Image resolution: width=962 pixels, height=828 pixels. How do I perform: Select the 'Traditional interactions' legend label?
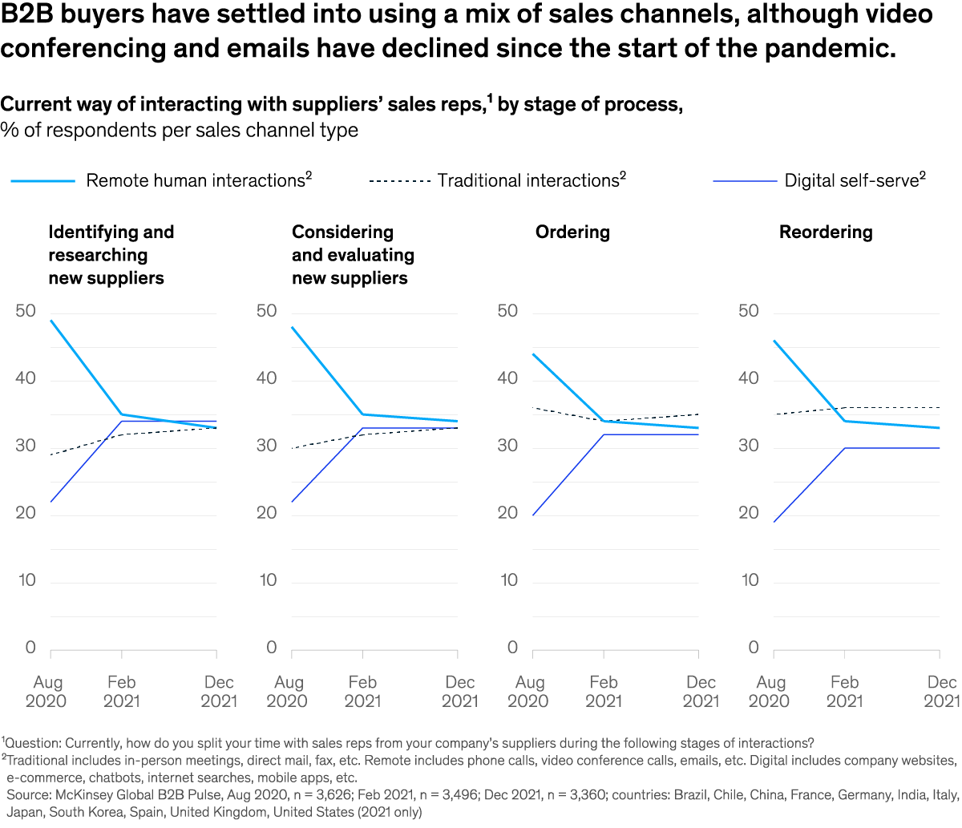pyautogui.click(x=528, y=180)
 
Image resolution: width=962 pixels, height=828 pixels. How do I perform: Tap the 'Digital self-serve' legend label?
pyautogui.click(x=851, y=180)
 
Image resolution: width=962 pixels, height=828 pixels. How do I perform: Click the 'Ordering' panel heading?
pyautogui.click(x=572, y=232)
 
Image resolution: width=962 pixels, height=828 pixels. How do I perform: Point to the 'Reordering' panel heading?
pyautogui.click(x=826, y=232)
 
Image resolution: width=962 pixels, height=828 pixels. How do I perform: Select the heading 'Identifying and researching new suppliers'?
pyautogui.click(x=111, y=255)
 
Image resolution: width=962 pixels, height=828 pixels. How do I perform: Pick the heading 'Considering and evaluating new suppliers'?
pyautogui.click(x=353, y=255)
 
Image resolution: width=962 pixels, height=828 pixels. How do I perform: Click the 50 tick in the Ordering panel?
pyautogui.click(x=507, y=311)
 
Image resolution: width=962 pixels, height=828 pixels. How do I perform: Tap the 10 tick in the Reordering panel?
pyautogui.click(x=750, y=580)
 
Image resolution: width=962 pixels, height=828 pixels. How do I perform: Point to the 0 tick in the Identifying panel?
pyautogui.click(x=31, y=648)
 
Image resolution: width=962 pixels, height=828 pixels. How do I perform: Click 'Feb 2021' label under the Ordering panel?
pyautogui.click(x=603, y=692)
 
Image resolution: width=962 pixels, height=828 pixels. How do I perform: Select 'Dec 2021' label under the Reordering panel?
pyautogui.click(x=941, y=692)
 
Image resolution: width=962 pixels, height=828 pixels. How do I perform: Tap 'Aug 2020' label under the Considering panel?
pyautogui.click(x=288, y=692)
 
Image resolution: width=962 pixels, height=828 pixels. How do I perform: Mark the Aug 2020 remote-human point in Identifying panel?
pyautogui.click(x=51, y=321)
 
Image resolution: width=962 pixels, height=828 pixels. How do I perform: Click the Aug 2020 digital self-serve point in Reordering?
pyautogui.click(x=774, y=522)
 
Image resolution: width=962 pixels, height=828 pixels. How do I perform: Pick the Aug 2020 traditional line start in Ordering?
pyautogui.click(x=533, y=407)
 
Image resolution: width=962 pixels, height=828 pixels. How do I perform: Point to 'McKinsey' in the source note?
pyautogui.click(x=83, y=795)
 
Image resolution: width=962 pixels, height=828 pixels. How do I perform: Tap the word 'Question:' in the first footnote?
pyautogui.click(x=34, y=743)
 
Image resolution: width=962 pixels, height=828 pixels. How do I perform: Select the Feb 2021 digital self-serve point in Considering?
pyautogui.click(x=362, y=428)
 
